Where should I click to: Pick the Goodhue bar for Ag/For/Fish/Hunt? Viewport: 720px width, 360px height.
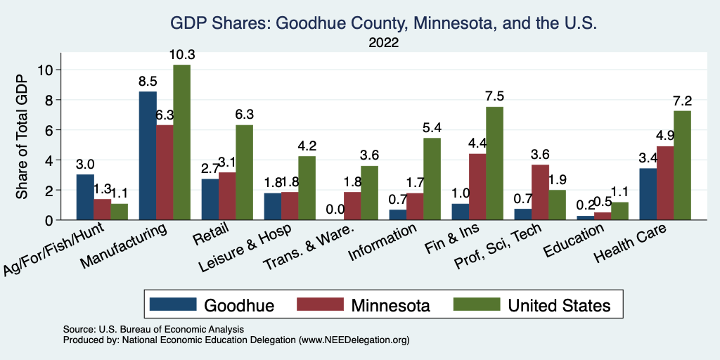click(85, 197)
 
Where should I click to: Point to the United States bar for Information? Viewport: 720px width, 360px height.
click(432, 179)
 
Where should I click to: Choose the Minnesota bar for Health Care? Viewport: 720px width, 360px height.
click(664, 183)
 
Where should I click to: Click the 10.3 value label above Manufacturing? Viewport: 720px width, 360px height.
click(181, 54)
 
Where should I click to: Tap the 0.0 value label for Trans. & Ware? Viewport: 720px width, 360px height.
click(335, 210)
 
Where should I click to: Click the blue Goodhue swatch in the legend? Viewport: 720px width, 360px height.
click(172, 304)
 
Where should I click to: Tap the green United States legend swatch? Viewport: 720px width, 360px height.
click(476, 304)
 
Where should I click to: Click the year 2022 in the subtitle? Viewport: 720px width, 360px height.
click(383, 43)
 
